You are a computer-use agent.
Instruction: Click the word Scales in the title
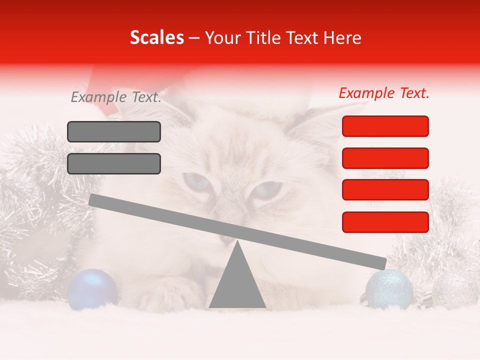[156, 38]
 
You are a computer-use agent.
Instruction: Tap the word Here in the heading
[342, 38]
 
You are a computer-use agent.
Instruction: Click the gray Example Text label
[116, 97]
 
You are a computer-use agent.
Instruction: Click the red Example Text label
[384, 93]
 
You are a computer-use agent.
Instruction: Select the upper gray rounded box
[114, 131]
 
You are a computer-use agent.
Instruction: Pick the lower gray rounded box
[114, 163]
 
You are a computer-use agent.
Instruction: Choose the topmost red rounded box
[385, 126]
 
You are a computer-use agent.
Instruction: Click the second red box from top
[385, 158]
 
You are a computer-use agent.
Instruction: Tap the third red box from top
[385, 190]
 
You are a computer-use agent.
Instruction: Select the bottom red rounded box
[385, 222]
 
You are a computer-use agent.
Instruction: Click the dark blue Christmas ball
[92, 288]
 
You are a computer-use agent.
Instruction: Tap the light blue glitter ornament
[389, 289]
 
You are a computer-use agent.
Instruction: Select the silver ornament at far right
[454, 290]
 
